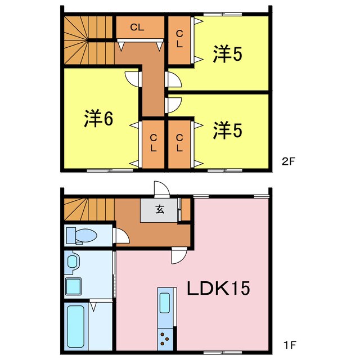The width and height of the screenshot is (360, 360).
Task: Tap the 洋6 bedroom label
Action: [100, 118]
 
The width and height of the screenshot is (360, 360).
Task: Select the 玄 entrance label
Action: [160, 210]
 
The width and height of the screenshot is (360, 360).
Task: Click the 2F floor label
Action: [288, 161]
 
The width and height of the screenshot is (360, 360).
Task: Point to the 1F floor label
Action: [288, 343]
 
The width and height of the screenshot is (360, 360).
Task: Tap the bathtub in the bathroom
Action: [76, 325]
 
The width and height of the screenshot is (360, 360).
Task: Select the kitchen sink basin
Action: [165, 303]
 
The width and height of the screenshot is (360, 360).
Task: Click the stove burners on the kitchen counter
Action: [165, 338]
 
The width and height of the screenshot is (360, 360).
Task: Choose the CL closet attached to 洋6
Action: [153, 143]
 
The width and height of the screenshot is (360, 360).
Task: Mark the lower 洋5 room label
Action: [227, 130]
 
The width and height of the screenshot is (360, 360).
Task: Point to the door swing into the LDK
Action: [178, 257]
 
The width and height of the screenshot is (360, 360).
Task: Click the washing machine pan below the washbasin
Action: [73, 286]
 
